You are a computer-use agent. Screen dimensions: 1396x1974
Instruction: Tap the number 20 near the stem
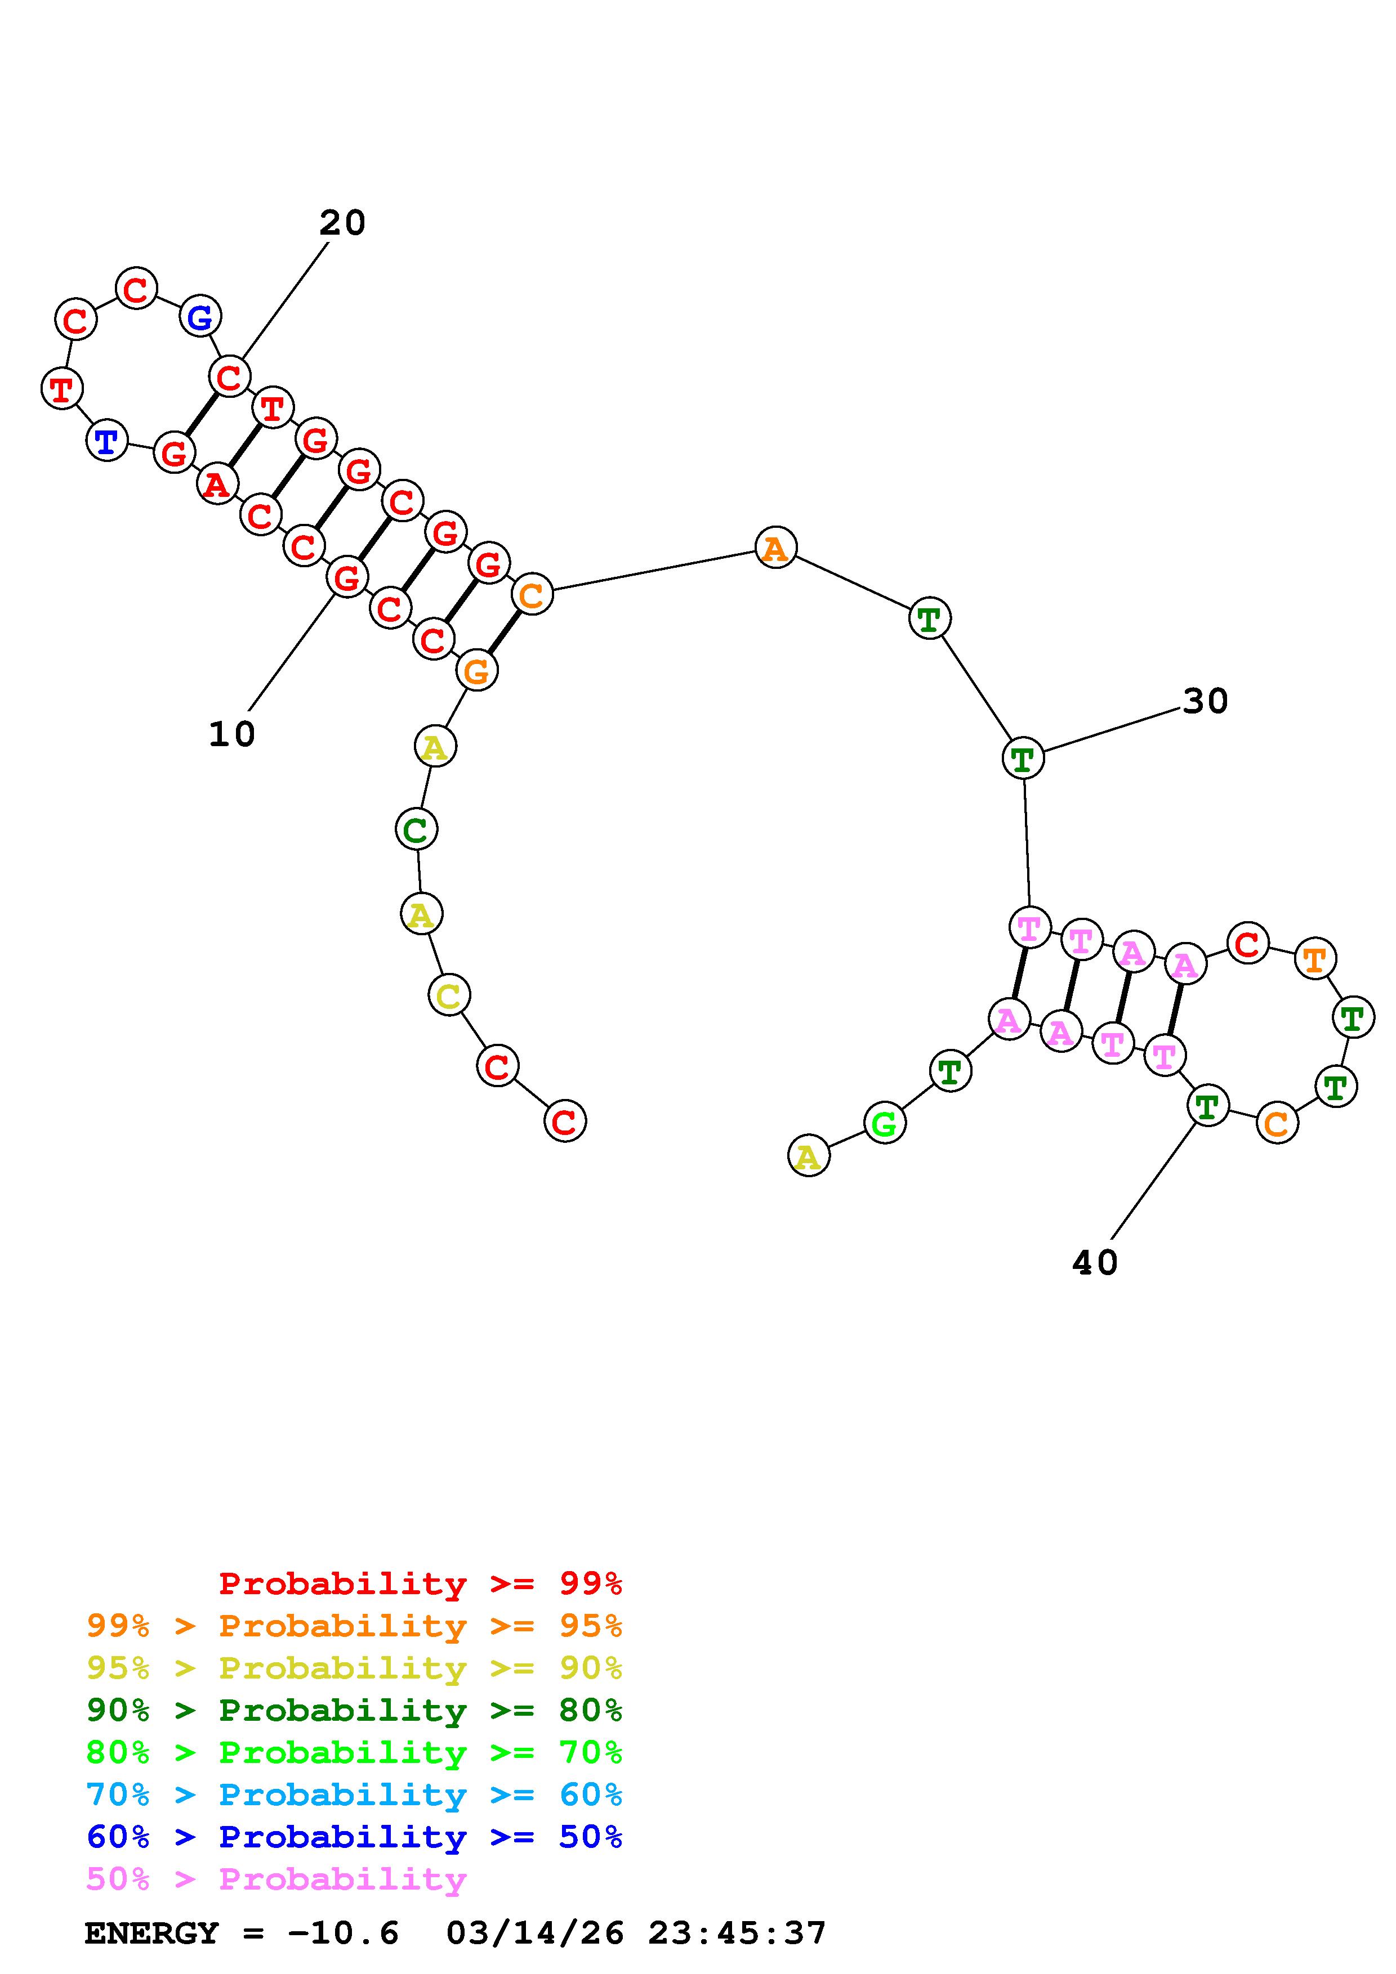pos(342,223)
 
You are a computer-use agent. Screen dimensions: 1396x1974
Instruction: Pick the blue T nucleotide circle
pos(106,442)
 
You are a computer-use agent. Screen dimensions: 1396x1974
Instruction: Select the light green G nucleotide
pos(884,1123)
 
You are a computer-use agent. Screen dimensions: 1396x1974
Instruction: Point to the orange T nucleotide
pos(1315,959)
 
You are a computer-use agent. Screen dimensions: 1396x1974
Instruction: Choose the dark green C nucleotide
pos(416,829)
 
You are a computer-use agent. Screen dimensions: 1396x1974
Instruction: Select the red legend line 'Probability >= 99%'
pos(420,1583)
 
